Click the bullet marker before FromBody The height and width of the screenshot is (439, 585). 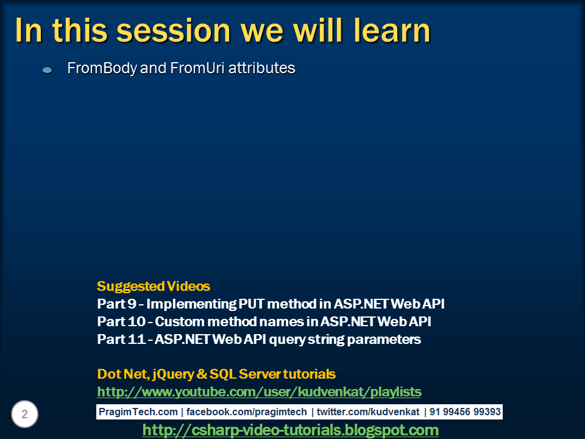(47, 71)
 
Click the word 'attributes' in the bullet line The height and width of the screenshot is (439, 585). (262, 68)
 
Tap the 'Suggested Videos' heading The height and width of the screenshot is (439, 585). (154, 287)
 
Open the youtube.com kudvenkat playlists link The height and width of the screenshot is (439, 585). (259, 391)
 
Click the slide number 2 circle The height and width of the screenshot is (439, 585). (24, 415)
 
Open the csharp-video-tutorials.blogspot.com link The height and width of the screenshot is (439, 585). (290, 430)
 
